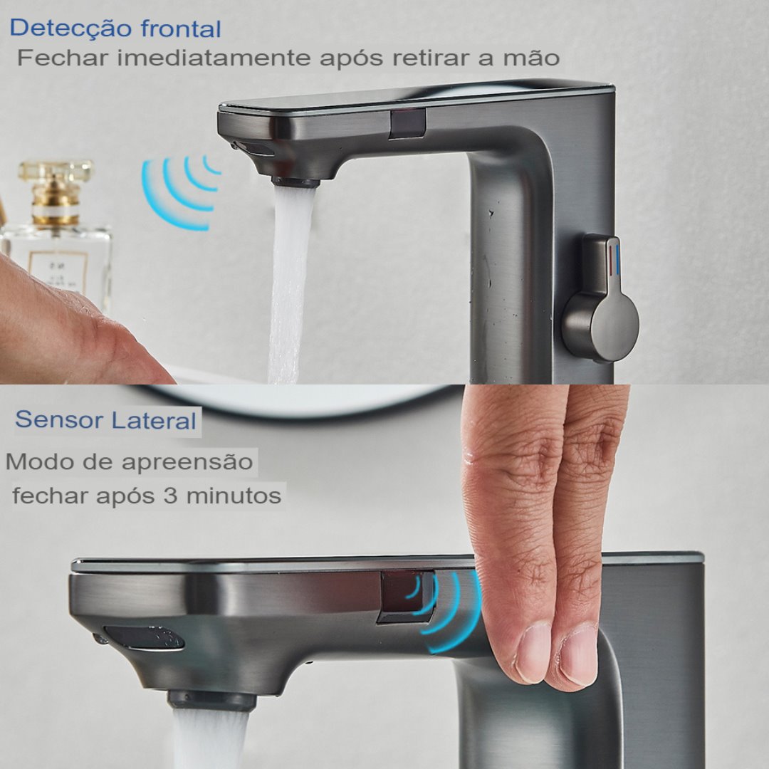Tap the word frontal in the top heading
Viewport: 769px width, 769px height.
click(181, 28)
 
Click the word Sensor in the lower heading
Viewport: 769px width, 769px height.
click(59, 420)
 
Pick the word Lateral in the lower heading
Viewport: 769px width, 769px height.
click(154, 420)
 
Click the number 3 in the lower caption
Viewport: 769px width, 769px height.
click(170, 496)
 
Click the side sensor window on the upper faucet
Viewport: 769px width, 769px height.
click(407, 124)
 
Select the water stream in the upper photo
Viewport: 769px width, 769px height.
click(291, 284)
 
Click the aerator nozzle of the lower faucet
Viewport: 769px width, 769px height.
click(212, 701)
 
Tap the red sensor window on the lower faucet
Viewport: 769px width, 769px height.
click(406, 597)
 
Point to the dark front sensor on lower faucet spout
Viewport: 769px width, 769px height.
click(144, 639)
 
